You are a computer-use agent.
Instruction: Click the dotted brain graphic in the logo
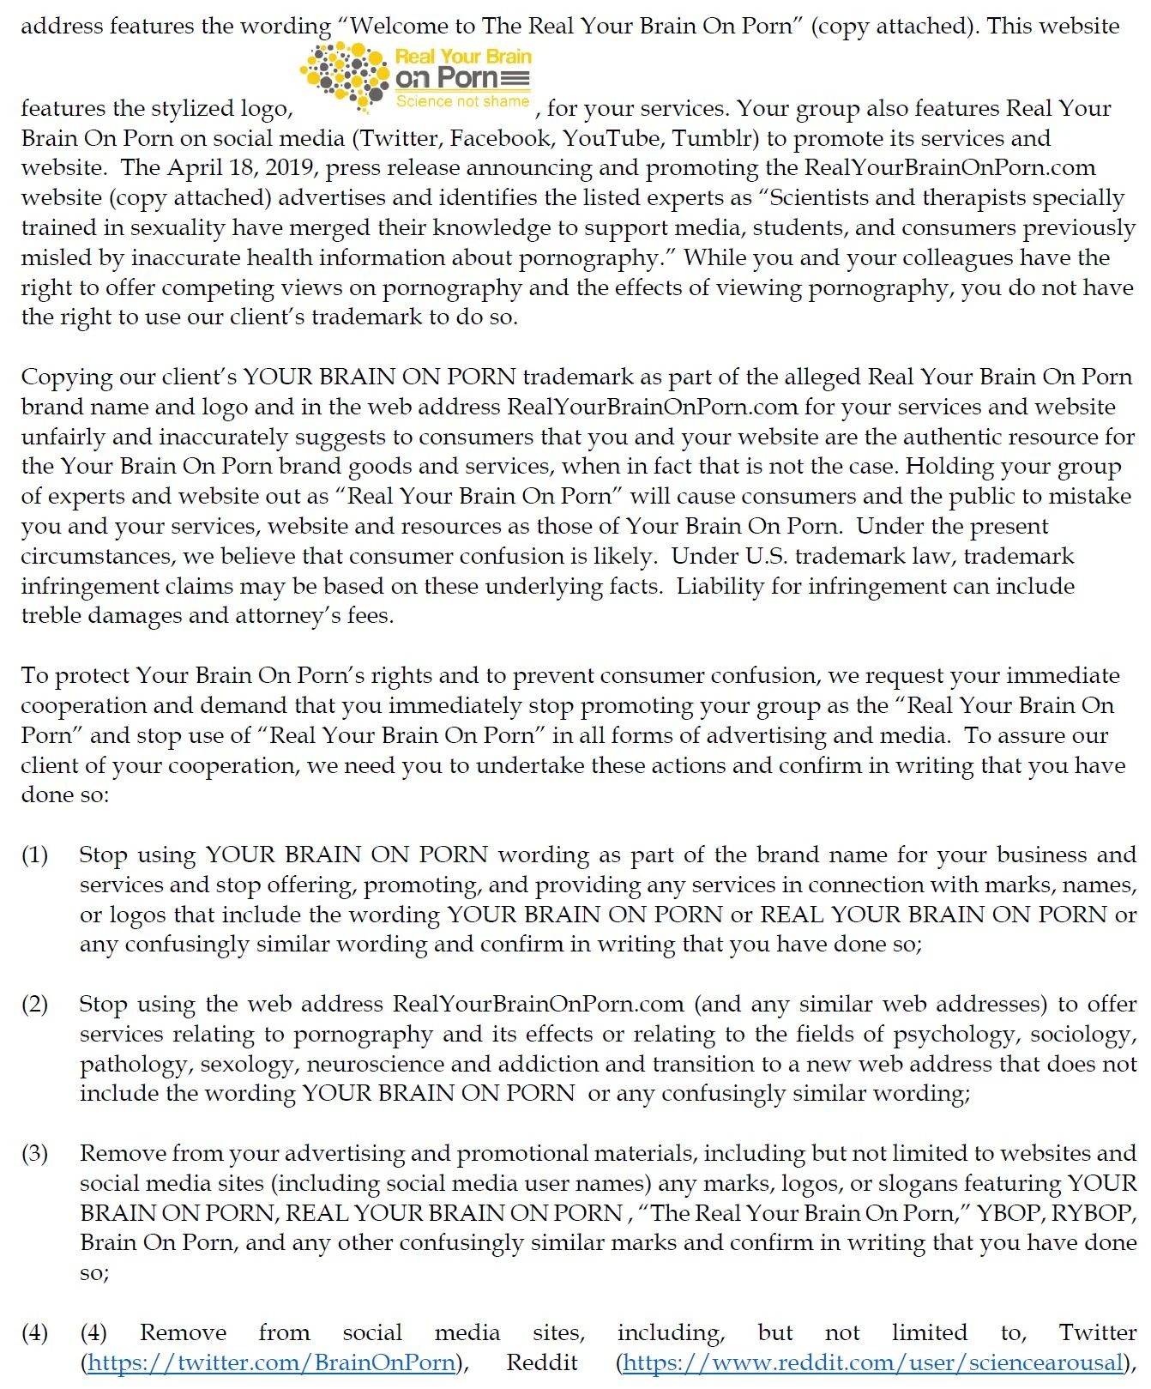pos(345,75)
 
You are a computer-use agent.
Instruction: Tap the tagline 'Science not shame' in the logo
pos(462,101)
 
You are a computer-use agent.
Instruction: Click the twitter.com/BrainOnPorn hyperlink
pos(271,1362)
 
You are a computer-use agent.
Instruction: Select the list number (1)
pos(34,855)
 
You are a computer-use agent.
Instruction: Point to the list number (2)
pos(34,1005)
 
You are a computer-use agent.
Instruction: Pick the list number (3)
pos(34,1154)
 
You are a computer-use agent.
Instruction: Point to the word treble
pos(52,616)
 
